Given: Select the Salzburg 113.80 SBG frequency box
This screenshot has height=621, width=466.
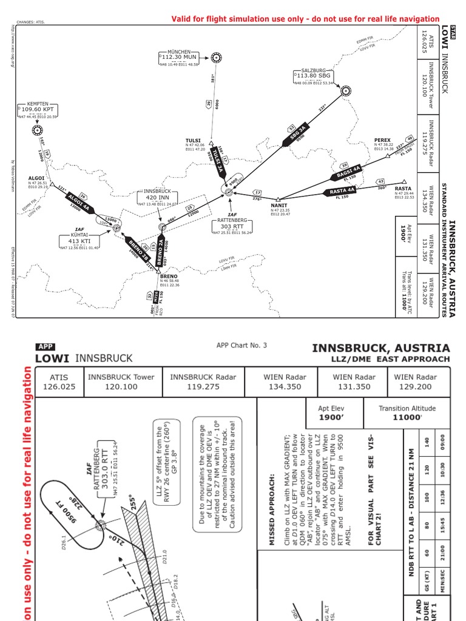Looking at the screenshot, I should click(x=314, y=76).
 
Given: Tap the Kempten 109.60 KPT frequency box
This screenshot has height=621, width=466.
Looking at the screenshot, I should click(x=38, y=110).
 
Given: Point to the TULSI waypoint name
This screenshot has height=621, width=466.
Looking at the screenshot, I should click(x=193, y=141).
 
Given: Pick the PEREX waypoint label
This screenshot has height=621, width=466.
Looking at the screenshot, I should click(x=382, y=140).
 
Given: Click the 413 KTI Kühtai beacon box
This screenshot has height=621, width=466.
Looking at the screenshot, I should click(x=88, y=241).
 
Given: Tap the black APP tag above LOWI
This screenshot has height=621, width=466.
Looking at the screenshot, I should click(x=46, y=347).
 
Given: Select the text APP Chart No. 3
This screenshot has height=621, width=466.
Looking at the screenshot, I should click(x=241, y=346).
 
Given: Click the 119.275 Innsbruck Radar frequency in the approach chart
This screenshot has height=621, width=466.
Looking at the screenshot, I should click(x=203, y=386).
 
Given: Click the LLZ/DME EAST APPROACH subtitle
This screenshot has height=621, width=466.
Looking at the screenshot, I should click(x=397, y=359).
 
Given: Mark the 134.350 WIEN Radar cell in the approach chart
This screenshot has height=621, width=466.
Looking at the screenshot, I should click(x=285, y=386).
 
